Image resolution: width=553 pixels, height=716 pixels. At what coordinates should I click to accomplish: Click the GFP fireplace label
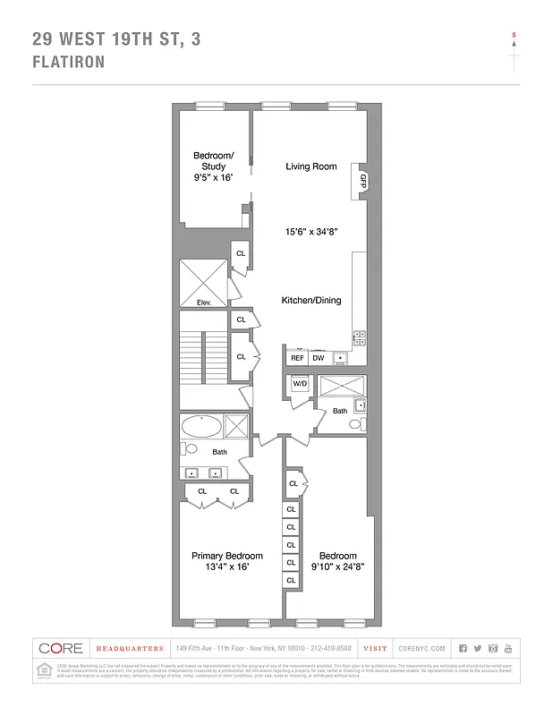pyautogui.click(x=362, y=180)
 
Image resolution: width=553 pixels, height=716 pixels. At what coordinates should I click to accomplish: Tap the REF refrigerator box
pyautogui.click(x=297, y=358)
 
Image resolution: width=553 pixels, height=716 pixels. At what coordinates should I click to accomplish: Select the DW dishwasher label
pyautogui.click(x=319, y=358)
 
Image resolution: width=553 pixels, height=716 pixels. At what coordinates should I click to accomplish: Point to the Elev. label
pyautogui.click(x=203, y=302)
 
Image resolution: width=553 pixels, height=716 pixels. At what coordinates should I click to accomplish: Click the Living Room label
pyautogui.click(x=311, y=166)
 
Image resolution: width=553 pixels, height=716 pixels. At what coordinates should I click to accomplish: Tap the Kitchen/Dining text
pyautogui.click(x=311, y=301)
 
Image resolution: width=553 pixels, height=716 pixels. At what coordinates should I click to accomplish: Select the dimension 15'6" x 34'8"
pyautogui.click(x=311, y=232)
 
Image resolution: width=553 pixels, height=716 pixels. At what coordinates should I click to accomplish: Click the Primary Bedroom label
pyautogui.click(x=219, y=556)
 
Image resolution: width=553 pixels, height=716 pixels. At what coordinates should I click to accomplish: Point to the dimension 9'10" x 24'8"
pyautogui.click(x=337, y=567)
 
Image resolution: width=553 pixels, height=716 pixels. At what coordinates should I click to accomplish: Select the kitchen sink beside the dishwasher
pyautogui.click(x=341, y=358)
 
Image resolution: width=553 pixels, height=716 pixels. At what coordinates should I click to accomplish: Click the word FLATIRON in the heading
pyautogui.click(x=69, y=62)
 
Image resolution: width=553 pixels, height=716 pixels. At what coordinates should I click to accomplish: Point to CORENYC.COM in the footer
pyautogui.click(x=417, y=648)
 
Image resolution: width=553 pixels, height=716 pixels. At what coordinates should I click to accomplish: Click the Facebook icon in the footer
pyautogui.click(x=463, y=648)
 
